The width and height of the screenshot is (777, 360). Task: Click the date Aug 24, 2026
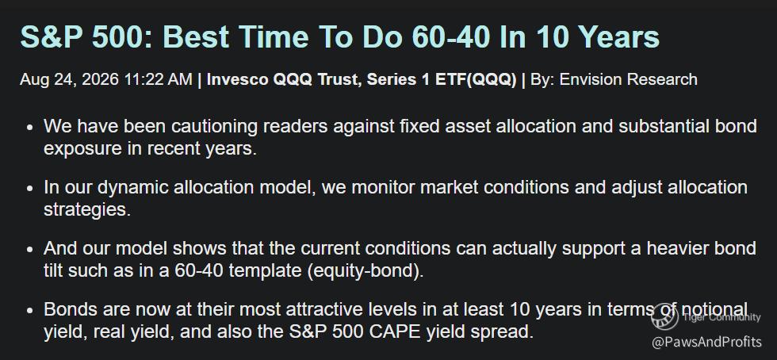(x=69, y=79)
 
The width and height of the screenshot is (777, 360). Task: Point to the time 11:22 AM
(x=158, y=79)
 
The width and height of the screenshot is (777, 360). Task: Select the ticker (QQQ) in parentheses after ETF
(x=492, y=79)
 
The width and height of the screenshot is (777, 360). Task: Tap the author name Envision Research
(x=628, y=79)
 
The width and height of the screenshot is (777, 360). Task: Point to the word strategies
(x=87, y=209)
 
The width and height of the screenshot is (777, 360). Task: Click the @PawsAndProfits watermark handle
(x=706, y=342)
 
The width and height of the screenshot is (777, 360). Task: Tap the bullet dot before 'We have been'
(x=30, y=128)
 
